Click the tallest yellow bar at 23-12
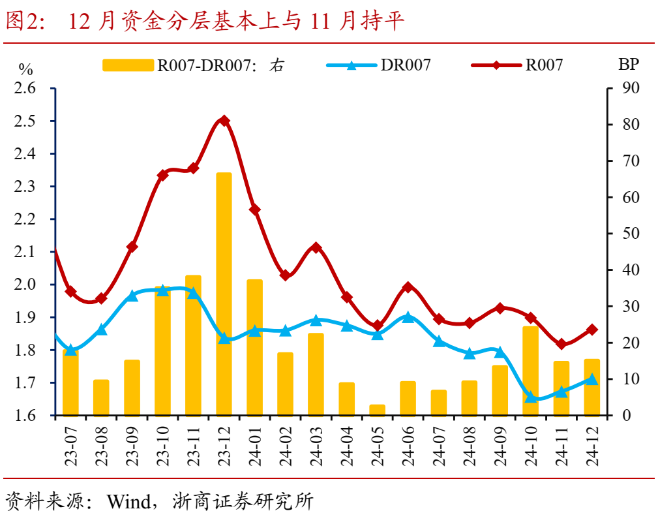[224, 294]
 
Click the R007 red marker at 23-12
[224, 121]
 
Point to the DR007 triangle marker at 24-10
[531, 396]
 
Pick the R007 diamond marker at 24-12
[592, 330]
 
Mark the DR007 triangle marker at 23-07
[70, 350]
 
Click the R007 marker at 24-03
[316, 248]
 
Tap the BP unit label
[628, 64]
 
